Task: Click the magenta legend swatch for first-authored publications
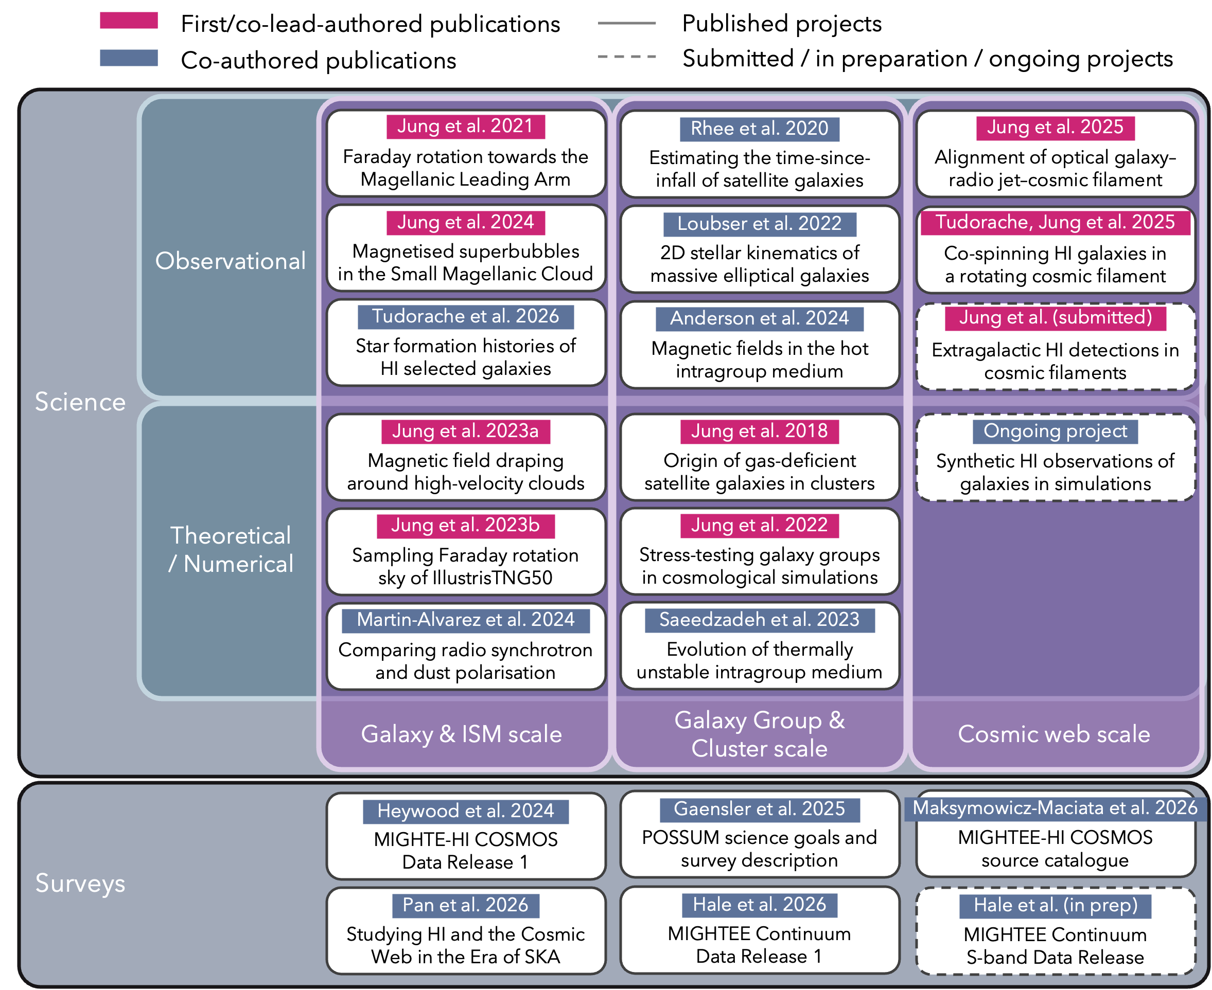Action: (x=129, y=21)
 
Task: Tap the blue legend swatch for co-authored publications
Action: (x=129, y=58)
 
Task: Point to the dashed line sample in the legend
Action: (x=626, y=57)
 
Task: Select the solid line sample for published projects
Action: (x=626, y=23)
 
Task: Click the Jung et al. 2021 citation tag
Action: (x=466, y=126)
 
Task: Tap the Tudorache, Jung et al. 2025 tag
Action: (x=1055, y=222)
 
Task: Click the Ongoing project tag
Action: (x=1055, y=431)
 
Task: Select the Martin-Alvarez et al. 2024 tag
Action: (x=466, y=620)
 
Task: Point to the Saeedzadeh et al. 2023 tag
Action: (x=760, y=620)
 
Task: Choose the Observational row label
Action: (x=231, y=261)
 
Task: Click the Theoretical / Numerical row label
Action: (x=231, y=550)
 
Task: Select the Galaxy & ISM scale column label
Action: (x=461, y=734)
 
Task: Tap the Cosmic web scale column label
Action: (x=1054, y=734)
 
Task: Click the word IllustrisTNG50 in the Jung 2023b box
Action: (x=493, y=578)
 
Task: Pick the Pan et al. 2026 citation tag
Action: (x=466, y=906)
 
